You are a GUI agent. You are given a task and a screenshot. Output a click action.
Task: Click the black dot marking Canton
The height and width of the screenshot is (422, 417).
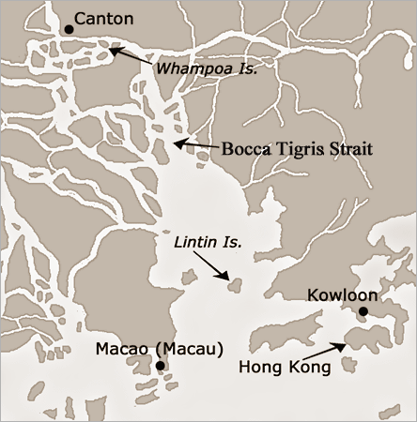(x=69, y=30)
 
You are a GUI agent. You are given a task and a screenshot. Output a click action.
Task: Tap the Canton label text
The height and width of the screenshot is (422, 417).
(x=103, y=18)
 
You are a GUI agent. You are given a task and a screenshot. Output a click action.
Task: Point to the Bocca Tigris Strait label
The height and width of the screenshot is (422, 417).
(x=298, y=148)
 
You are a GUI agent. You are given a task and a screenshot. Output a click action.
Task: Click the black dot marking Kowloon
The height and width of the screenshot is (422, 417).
(x=362, y=311)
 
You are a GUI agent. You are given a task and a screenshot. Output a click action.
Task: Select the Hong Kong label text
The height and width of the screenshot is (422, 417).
(x=285, y=367)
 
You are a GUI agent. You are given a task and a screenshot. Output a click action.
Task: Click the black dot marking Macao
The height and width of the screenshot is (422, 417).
(x=161, y=367)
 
